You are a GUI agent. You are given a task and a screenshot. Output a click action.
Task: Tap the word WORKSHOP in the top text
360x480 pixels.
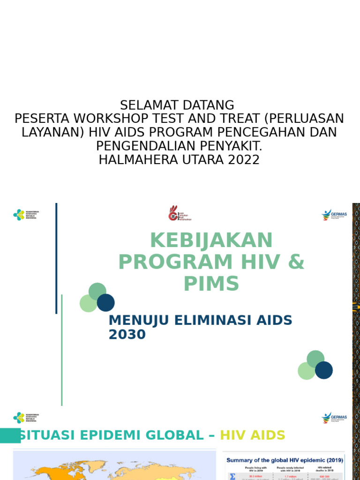pos(113,119)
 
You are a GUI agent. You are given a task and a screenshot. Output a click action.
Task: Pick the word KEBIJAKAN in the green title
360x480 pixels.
pos(211,240)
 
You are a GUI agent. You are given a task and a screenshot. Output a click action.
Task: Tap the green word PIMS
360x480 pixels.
pos(211,284)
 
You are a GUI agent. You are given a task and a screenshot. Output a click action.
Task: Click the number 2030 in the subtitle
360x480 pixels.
pos(127,335)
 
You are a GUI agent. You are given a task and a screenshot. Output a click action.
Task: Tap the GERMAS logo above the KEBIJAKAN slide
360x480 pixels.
pos(334,215)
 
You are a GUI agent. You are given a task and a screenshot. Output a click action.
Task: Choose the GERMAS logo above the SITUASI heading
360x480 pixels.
pos(334,418)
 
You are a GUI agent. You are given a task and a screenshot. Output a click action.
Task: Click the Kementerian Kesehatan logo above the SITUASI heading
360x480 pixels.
pos(26,418)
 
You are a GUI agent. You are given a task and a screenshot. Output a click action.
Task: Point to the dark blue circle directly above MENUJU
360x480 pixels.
pos(106,302)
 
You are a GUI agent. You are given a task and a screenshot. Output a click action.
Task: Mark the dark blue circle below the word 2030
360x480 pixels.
pos(324,370)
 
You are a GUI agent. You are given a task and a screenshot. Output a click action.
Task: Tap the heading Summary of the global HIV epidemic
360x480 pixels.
pos(285,460)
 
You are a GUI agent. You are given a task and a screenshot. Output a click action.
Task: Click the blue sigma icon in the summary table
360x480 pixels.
pos(232,476)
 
